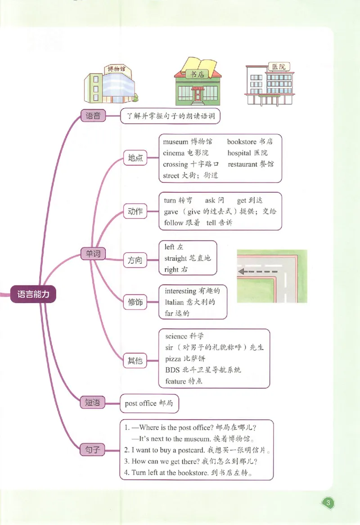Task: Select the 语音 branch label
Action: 93,116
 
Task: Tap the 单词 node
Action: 93,254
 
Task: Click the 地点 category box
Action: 135,158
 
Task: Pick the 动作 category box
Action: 135,212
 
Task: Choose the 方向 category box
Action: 135,260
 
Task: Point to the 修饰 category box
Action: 135,302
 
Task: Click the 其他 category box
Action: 135,360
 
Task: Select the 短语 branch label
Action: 93,403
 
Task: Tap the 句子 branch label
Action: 93,449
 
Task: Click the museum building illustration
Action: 111,84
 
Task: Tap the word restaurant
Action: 243,164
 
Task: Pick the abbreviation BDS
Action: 172,370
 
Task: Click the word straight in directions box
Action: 175,258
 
